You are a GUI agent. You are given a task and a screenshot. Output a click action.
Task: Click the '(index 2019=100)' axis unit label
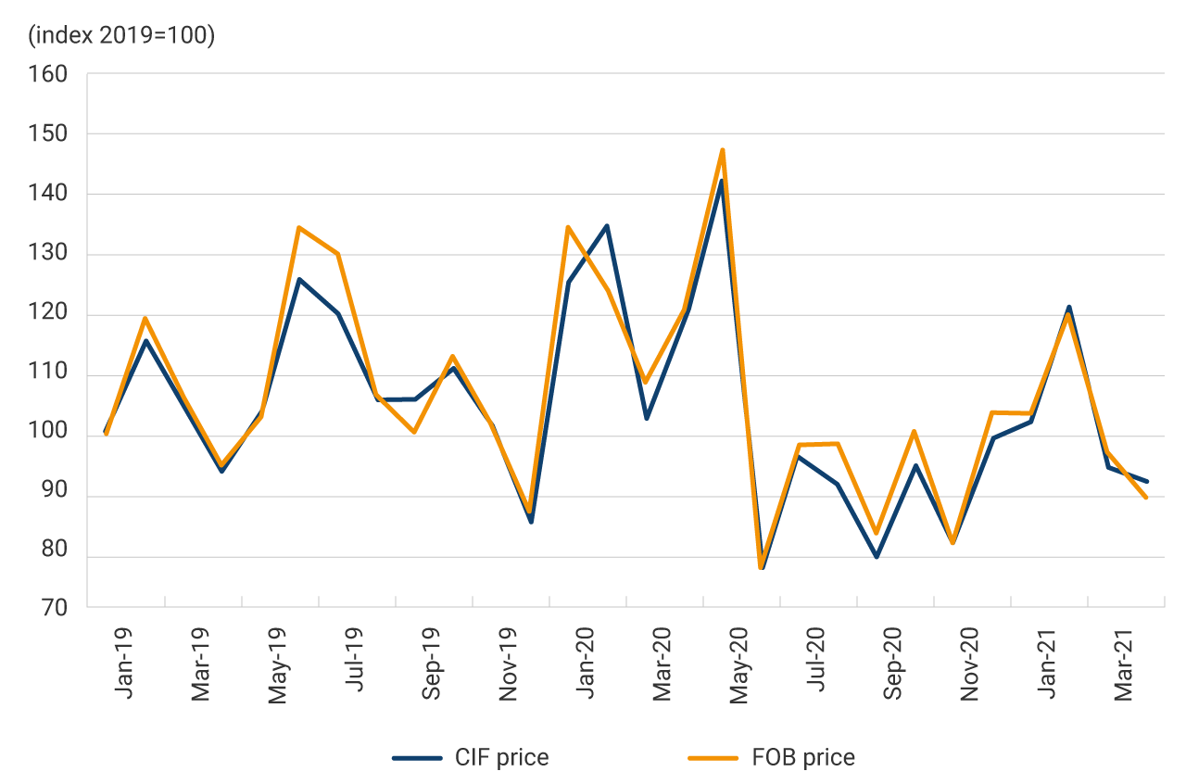pos(121,36)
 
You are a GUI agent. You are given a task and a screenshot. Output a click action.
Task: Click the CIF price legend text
pos(501,758)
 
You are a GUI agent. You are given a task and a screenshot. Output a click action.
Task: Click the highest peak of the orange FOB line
pos(722,149)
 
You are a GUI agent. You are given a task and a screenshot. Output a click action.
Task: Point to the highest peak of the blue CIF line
pos(721,181)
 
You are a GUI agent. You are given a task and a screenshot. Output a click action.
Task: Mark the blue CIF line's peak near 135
pos(606,225)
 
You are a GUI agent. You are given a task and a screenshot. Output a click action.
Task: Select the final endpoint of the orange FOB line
pos(1146,498)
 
